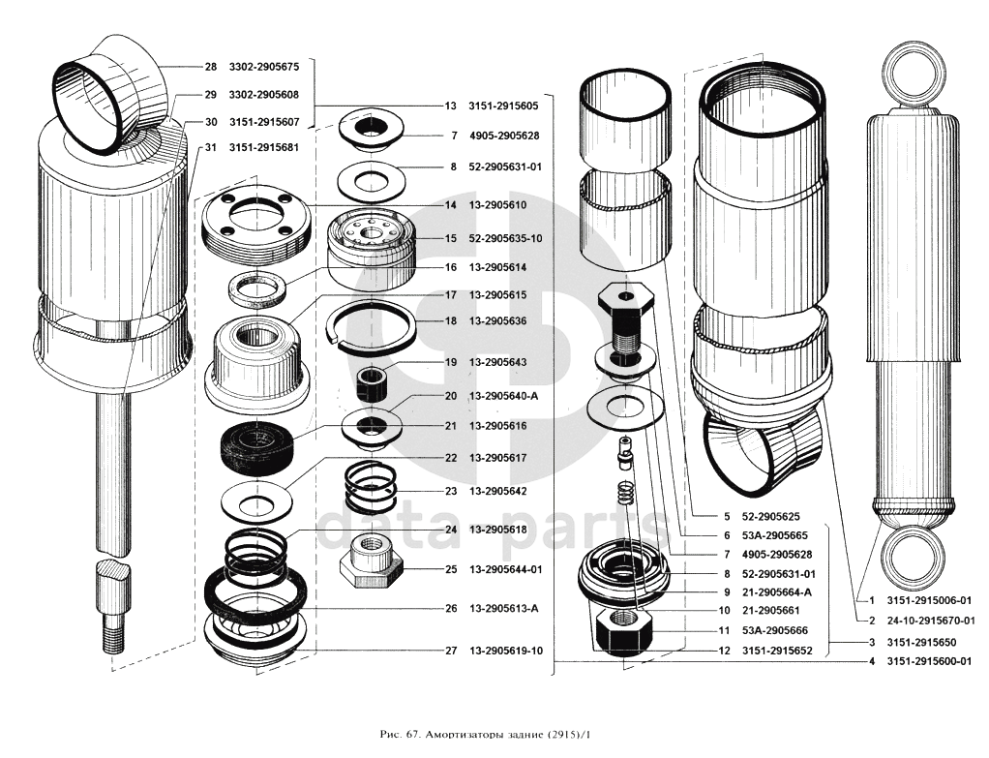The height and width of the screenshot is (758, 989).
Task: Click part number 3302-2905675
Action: pyautogui.click(x=263, y=67)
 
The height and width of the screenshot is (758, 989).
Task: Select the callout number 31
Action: pyautogui.click(x=211, y=148)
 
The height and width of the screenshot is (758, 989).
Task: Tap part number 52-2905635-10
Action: pyautogui.click(x=505, y=238)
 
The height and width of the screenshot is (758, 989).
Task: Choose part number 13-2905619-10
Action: pyautogui.click(x=506, y=651)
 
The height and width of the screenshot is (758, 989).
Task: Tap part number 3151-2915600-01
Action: pyautogui.click(x=929, y=661)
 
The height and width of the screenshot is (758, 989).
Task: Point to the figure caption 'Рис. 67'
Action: pyautogui.click(x=400, y=735)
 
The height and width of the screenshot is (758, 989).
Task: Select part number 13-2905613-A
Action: pyautogui.click(x=503, y=608)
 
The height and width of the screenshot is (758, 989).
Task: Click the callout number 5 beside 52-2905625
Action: pyautogui.click(x=727, y=516)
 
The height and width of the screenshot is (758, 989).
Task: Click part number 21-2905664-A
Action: pyautogui.click(x=776, y=592)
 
